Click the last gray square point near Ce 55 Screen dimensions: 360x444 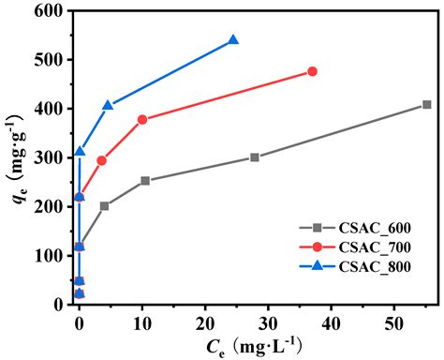click(426, 105)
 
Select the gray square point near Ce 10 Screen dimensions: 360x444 click(145, 181)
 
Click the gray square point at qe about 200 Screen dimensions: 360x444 click(104, 205)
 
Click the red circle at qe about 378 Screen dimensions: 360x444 click(142, 119)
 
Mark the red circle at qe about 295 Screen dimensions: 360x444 click(101, 160)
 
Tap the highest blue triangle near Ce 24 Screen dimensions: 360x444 click(233, 40)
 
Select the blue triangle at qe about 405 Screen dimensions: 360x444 click(108, 106)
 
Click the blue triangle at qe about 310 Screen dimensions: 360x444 click(80, 152)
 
